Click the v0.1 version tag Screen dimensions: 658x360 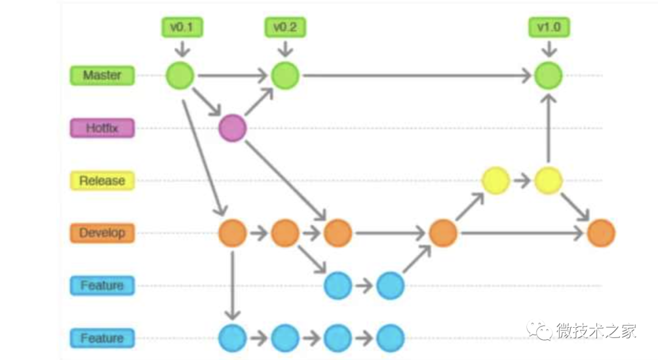click(182, 27)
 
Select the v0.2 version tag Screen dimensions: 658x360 click(285, 27)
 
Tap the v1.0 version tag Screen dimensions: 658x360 click(549, 27)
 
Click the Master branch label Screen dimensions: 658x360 click(102, 76)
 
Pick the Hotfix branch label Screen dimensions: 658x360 click(102, 129)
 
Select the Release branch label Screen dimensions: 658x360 click(102, 181)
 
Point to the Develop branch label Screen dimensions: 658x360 click(102, 233)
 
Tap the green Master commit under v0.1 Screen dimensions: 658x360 click(180, 76)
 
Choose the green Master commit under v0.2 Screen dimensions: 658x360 click(285, 76)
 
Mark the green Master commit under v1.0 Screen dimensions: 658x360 click(548, 76)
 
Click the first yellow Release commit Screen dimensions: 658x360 click(495, 181)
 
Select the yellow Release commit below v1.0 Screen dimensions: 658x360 click(548, 181)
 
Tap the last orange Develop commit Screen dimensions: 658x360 click(601, 233)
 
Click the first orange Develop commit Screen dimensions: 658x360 click(232, 233)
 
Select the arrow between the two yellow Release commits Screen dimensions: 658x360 click(522, 181)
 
